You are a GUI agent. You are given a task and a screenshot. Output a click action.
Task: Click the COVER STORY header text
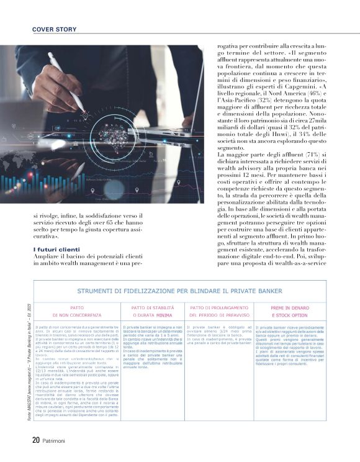tap(54, 29)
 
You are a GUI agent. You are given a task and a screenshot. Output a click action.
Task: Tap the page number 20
tap(36, 440)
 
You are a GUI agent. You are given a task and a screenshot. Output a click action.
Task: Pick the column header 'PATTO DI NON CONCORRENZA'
tap(77, 311)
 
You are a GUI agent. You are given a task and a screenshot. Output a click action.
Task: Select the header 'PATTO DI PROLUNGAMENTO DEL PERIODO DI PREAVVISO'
tap(220, 311)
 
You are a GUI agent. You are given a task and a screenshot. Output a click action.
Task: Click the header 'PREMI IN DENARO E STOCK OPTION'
tap(289, 311)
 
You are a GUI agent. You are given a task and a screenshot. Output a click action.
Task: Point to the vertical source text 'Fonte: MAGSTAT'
tap(38, 373)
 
